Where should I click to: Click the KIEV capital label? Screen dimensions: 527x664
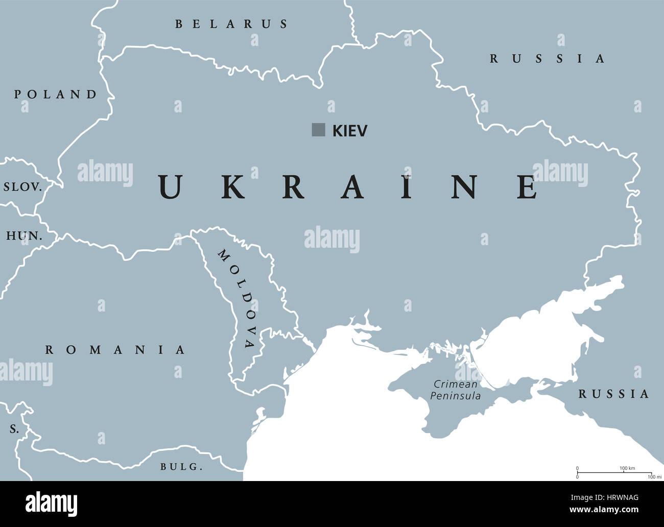coord(350,131)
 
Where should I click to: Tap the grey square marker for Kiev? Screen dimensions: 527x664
coord(319,130)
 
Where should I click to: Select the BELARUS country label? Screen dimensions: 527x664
coord(231,24)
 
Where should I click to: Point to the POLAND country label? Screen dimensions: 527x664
coord(55,94)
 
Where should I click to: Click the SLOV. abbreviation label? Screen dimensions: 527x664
coord(22,187)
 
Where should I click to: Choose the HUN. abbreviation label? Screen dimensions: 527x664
coord(24,236)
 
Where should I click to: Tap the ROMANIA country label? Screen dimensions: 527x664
coord(115,350)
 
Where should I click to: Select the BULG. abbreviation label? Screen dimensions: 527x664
coord(181,466)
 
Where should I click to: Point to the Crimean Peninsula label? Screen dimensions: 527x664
coord(456,390)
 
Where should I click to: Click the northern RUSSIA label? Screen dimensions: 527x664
coord(547,59)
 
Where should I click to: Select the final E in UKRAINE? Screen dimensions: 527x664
coord(527,187)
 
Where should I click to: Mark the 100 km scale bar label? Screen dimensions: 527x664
coord(627,468)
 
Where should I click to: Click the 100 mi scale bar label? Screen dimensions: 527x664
coord(651,477)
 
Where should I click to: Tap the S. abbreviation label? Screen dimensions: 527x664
coord(14,429)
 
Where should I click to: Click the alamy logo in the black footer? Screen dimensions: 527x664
coord(52,504)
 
